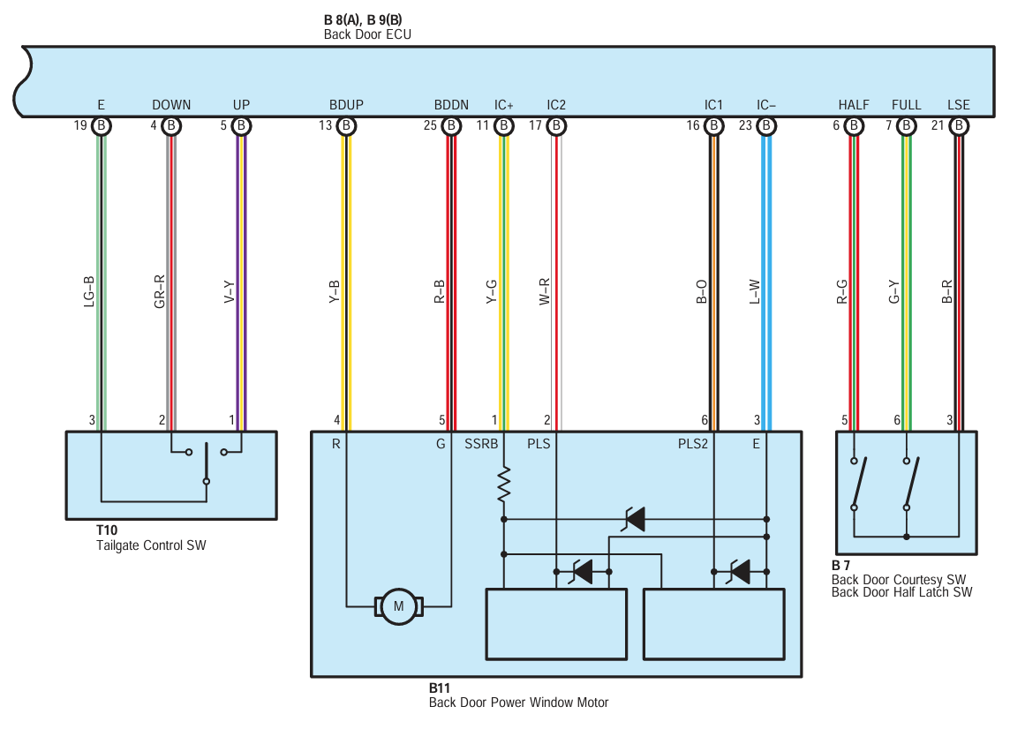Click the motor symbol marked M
click(x=399, y=606)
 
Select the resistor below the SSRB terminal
click(x=504, y=484)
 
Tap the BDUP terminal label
click(x=346, y=105)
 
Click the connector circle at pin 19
click(x=102, y=125)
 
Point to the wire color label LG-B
click(x=89, y=291)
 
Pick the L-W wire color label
click(x=754, y=292)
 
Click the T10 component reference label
click(x=107, y=530)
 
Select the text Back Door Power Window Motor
click(x=518, y=703)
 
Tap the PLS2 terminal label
click(x=693, y=444)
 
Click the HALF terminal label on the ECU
click(x=854, y=105)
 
